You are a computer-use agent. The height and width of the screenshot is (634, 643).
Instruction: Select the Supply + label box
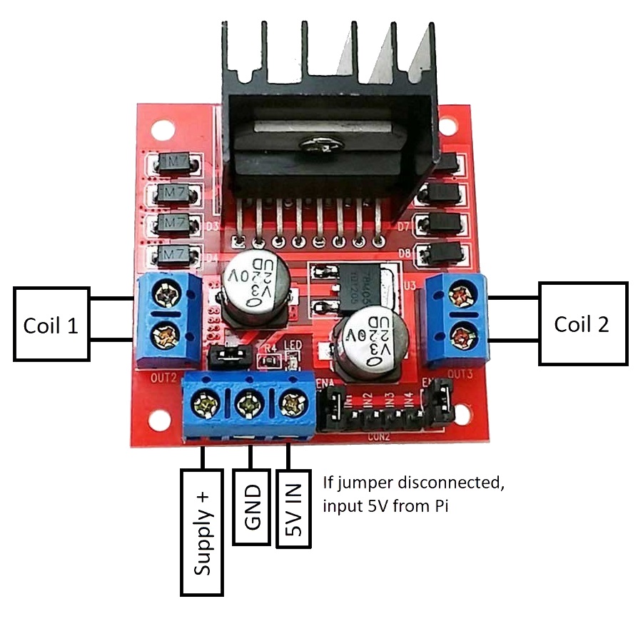(x=203, y=532)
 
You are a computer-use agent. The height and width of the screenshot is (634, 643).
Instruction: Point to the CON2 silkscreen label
(x=378, y=435)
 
